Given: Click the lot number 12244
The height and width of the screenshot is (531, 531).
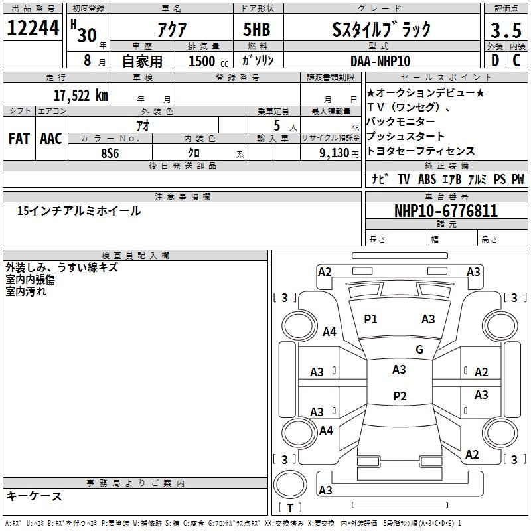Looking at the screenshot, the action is pos(33,27).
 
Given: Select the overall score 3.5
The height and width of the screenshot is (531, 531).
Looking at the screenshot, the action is pos(506,30).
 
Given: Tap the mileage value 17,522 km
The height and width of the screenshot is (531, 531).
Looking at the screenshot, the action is pos(80,96).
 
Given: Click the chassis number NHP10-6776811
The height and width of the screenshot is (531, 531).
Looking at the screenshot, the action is pos(446,211).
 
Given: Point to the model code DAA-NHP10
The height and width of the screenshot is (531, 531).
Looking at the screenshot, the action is pos(380,61).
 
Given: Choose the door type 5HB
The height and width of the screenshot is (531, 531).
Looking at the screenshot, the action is pos(257,29).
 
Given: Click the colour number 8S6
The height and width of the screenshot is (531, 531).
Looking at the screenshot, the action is pos(110,153).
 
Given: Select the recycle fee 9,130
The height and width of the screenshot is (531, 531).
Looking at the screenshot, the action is pos(334,153).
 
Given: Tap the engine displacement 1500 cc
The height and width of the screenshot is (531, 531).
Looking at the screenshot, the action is pos(208,61).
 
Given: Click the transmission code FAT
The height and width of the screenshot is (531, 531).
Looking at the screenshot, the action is pos(19,139).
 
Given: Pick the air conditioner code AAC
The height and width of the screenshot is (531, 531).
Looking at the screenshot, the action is pos(51,139).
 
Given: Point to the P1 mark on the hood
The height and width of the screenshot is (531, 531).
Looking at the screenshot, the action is pos(370,319).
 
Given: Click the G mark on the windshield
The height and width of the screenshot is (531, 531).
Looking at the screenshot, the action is pos(419,349).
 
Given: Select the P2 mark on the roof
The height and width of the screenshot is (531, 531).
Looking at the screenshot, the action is pos(400,396).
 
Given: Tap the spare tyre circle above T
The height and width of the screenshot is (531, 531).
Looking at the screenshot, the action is pos(290,485).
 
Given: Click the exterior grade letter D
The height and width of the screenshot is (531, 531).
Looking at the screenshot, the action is pos(495,60).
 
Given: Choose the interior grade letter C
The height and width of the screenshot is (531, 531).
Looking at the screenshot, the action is pos(516,60).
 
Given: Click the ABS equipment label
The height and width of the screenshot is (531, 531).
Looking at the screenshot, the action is pos(427,179).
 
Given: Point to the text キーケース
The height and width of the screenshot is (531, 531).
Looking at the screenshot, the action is pos(35,496).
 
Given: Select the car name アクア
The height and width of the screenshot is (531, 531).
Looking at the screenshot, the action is pos(172,29).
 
